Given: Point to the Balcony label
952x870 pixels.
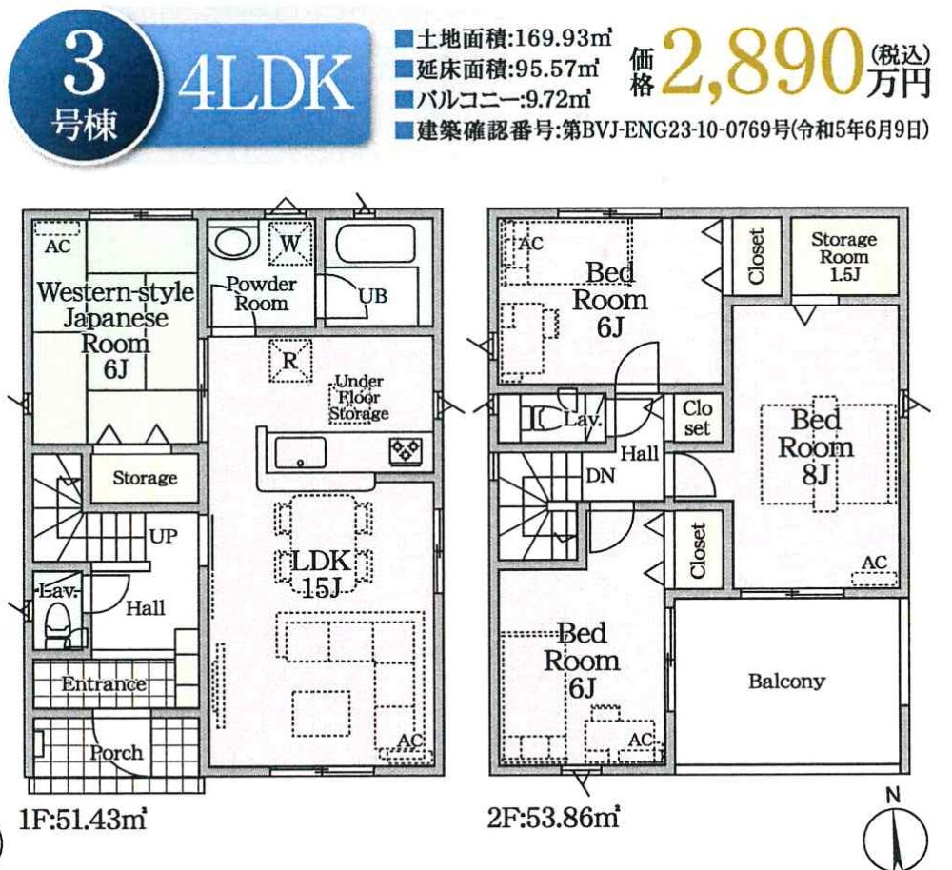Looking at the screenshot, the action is point(786,682).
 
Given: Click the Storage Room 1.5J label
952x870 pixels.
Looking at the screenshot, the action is point(843,257).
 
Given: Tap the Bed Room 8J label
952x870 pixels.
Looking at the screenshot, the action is point(816,447).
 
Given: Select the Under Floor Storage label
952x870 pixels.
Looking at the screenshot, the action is point(359,398).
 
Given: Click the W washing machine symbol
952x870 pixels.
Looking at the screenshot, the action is point(290,244).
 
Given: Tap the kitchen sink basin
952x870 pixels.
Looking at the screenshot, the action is point(300,453).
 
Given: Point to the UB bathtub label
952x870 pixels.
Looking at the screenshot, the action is point(373,296).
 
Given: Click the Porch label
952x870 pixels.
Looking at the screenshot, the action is point(116,754).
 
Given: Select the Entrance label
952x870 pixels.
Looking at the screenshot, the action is point(104,684).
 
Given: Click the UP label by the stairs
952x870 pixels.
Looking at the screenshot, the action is point(164,536).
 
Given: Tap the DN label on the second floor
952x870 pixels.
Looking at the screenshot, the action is point(601,476).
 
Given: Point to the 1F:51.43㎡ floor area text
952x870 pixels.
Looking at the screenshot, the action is point(83,819).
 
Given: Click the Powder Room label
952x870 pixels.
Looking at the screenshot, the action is point(262,294).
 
